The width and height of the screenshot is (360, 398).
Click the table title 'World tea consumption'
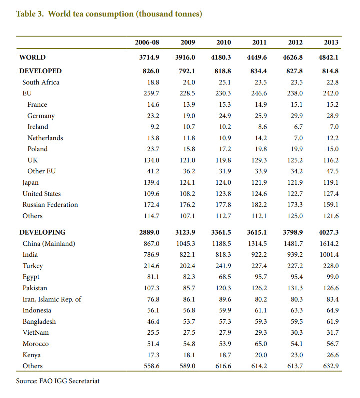click(109, 14)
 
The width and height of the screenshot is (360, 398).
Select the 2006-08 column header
click(147, 42)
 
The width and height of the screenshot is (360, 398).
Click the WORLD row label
click(32, 57)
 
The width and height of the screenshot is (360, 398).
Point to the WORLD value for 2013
click(328, 57)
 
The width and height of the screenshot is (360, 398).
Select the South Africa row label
click(41, 82)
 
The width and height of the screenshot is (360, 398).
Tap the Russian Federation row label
click(50, 205)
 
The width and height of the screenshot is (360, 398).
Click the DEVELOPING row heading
click(42, 232)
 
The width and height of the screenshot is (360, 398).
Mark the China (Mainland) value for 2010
click(221, 244)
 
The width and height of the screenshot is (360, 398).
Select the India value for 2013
click(329, 255)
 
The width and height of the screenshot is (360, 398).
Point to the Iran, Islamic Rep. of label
click(52, 299)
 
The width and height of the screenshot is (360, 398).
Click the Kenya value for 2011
click(260, 355)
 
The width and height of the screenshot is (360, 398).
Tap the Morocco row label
click(36, 344)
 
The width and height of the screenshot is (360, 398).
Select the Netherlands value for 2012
click(298, 138)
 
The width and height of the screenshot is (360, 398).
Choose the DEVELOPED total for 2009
click(186, 71)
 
